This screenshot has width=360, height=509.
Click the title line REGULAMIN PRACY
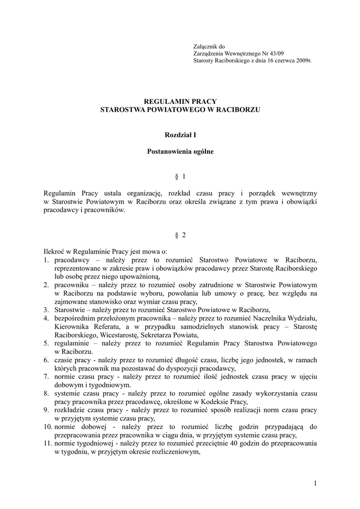pyautogui.click(x=180, y=101)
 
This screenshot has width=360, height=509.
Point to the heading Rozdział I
pyautogui.click(x=180, y=134)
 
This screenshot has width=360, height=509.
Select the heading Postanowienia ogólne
pyautogui.click(x=180, y=152)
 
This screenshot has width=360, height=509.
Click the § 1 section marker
pyautogui.click(x=180, y=176)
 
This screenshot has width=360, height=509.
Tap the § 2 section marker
pyautogui.click(x=180, y=235)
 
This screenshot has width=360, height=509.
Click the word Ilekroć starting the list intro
pyautogui.click(x=55, y=252)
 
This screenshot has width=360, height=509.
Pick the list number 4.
pyautogui.click(x=45, y=318)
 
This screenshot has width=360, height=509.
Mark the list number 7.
pyautogui.click(x=45, y=377)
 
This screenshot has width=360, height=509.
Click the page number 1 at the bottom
pyautogui.click(x=315, y=483)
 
